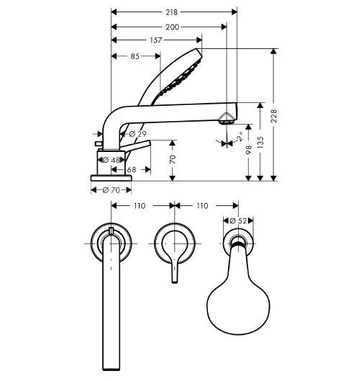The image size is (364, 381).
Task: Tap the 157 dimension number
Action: (155, 40)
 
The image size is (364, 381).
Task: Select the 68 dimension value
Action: (132, 171)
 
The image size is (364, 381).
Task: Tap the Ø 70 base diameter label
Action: (111, 190)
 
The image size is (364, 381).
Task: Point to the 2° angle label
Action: (240, 135)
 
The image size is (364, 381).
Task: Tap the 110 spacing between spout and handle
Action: (140, 206)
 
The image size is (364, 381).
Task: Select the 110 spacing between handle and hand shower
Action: (202, 206)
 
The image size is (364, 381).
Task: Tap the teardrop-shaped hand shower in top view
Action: (235, 292)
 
